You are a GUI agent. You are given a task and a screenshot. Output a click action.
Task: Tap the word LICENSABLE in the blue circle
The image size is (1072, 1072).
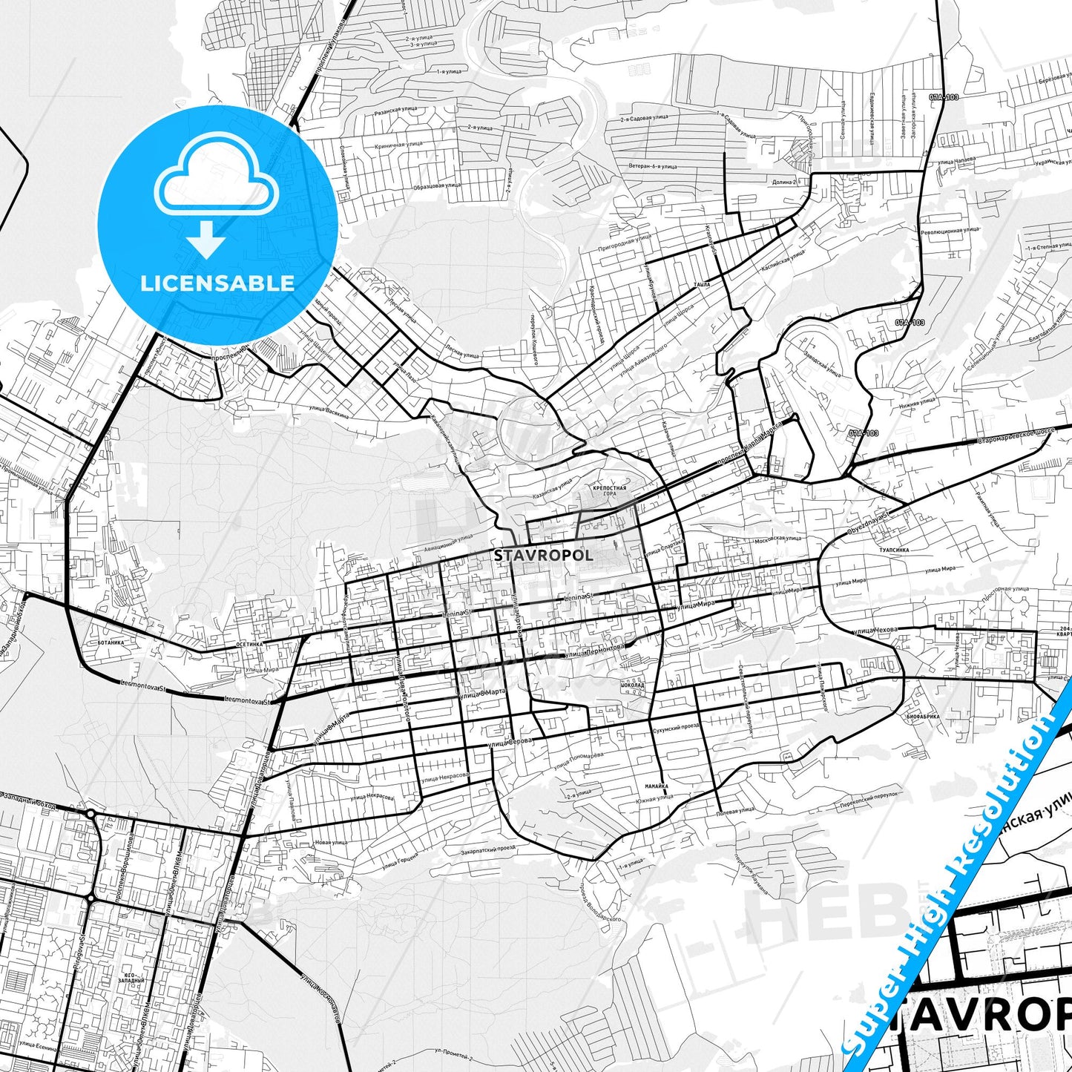pos(217,283)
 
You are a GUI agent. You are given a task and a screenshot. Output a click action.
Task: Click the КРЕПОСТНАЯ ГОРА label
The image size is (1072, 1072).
pos(610,491)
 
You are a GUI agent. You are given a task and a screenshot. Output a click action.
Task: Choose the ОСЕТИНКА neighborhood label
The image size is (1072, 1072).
pos(249,645)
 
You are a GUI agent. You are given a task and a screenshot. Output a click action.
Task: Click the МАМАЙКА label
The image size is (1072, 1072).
pos(656,786)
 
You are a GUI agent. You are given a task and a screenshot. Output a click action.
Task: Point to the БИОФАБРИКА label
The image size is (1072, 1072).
pos(923,718)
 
